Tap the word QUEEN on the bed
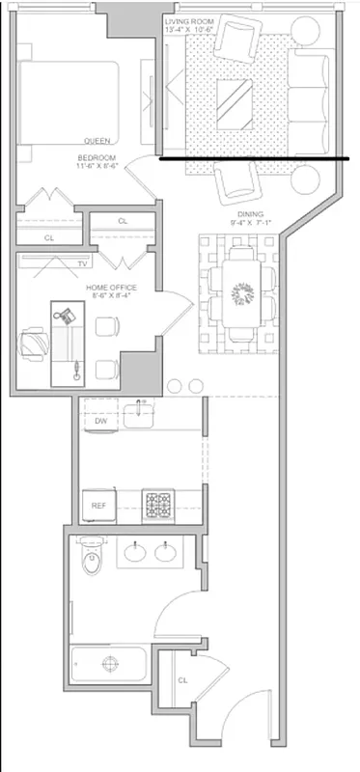[x=96, y=140]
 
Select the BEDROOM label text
[x=97, y=157]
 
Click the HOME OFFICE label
[x=111, y=288]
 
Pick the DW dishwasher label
[x=100, y=421]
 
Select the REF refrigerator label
[x=98, y=505]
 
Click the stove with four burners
[x=157, y=503]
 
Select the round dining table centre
[x=241, y=290]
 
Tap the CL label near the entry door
[x=181, y=680]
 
